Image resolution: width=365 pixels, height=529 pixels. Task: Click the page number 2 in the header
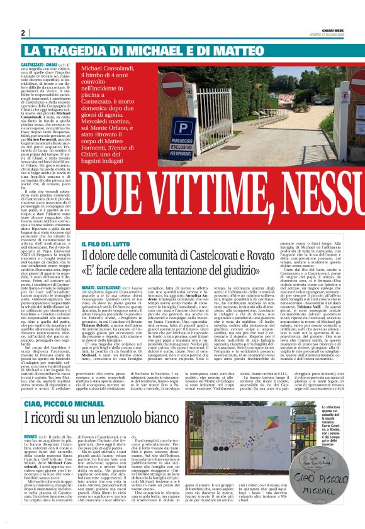click(x=23, y=33)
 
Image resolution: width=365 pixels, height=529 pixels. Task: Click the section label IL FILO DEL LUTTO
click(x=104, y=244)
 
